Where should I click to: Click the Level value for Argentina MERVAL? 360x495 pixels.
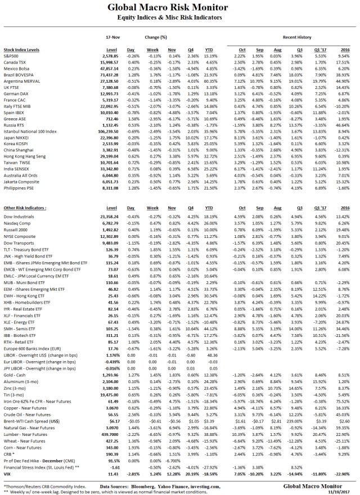click(x=108, y=81)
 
